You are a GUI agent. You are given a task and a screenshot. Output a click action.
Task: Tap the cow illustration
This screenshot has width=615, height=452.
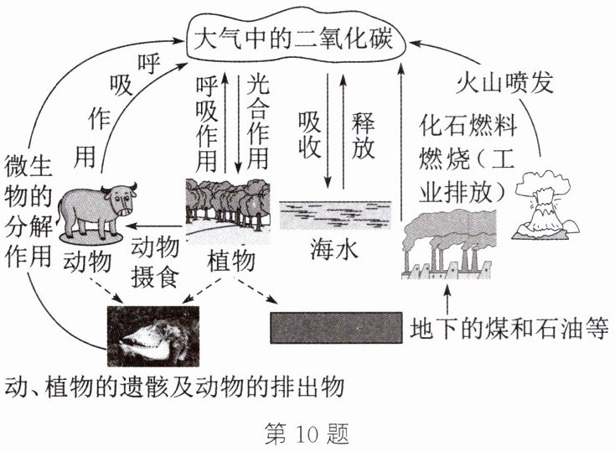click(100, 205)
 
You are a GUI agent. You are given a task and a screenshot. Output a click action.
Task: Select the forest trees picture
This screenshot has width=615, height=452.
click(227, 206)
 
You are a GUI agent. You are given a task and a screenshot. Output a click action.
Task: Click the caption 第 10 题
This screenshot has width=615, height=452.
click(306, 434)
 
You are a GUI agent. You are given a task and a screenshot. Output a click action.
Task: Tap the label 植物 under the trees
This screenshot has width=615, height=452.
click(230, 262)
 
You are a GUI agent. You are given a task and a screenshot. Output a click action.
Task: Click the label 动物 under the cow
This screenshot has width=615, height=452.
click(87, 262)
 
